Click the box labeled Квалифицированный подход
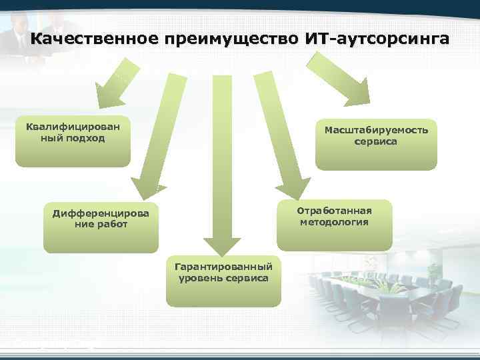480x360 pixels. point(73,143)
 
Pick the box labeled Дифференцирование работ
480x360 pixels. point(101,227)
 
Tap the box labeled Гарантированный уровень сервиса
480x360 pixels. point(223,280)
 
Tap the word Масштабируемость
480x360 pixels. point(376,130)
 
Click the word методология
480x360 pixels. point(334,222)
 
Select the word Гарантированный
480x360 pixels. point(223,267)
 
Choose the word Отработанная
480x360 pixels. point(334,211)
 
